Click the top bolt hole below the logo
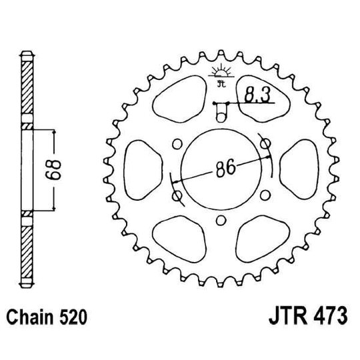[x=221, y=117]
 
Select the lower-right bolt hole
[x=265, y=195]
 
